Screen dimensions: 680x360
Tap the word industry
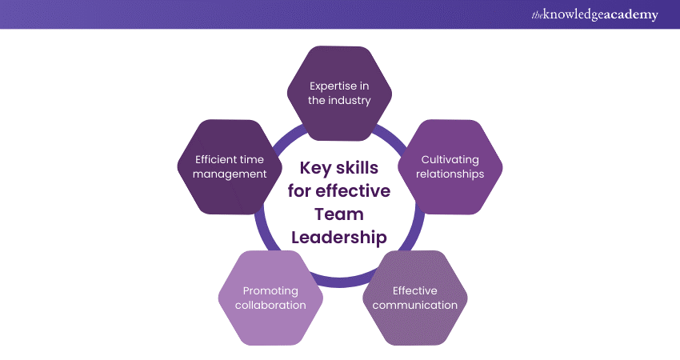pyautogui.click(x=349, y=100)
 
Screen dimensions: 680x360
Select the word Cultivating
pyautogui.click(x=450, y=160)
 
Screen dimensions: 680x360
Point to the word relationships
pyautogui.click(x=450, y=174)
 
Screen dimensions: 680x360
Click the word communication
pyautogui.click(x=415, y=305)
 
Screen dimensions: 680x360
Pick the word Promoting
pyautogui.click(x=270, y=291)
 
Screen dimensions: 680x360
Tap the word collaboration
pyautogui.click(x=270, y=305)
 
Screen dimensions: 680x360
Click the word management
pyautogui.click(x=230, y=174)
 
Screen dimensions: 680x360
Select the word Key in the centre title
pyautogui.click(x=315, y=168)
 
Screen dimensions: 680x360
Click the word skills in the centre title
pyautogui.click(x=358, y=167)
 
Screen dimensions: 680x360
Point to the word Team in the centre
pyautogui.click(x=339, y=214)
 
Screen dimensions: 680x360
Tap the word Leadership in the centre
pyautogui.click(x=339, y=238)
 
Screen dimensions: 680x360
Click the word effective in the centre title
pyautogui.click(x=353, y=191)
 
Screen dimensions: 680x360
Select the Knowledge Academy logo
pyautogui.click(x=595, y=14)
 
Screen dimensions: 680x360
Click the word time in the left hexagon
pyautogui.click(x=252, y=160)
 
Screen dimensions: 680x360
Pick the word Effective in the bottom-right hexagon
pyautogui.click(x=415, y=290)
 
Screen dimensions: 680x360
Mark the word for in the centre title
pyautogui.click(x=299, y=191)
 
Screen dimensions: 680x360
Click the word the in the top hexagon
pyautogui.click(x=317, y=100)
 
